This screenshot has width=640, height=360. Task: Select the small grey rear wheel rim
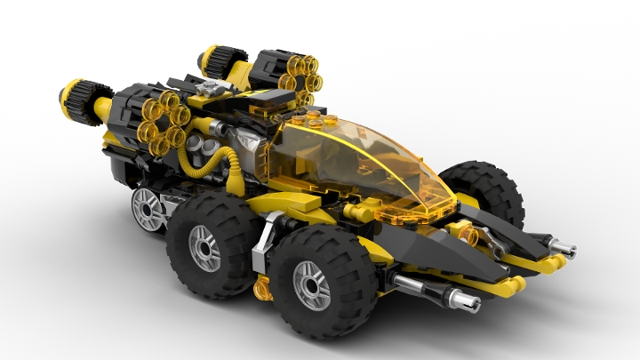click(148, 209)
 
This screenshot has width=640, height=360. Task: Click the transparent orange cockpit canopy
click(364, 164)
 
